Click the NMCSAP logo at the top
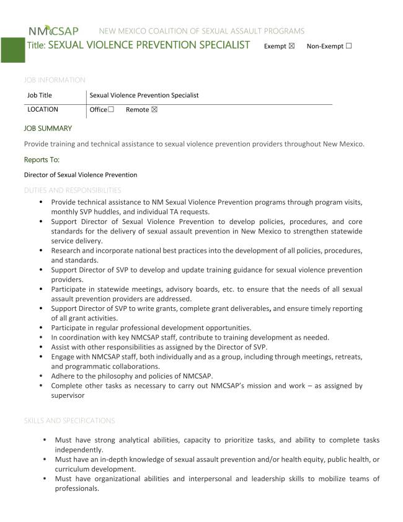coord(53,31)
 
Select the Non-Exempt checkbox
coord(348,46)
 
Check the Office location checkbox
coord(111,110)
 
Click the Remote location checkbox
coord(154,110)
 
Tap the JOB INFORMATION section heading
coord(55,80)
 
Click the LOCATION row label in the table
coord(43,109)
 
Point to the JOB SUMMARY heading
coord(48,128)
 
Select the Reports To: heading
coord(42,160)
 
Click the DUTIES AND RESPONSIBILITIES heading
coord(73,190)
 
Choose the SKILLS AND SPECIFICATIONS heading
coord(69,421)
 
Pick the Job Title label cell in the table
coord(40,95)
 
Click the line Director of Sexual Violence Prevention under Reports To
coord(81,175)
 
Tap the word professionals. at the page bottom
coord(77,488)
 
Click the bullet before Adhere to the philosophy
coord(42,376)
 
